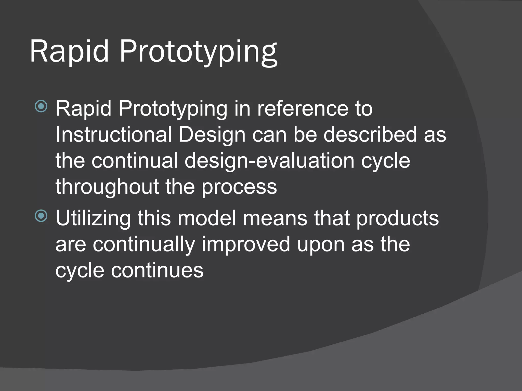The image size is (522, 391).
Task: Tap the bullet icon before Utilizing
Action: pos(41,216)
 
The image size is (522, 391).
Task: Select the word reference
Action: pos(303,109)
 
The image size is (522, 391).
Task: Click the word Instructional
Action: pos(113,135)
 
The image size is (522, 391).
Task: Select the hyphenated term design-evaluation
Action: pos(269,162)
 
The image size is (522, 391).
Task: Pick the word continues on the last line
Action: pos(157,271)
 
